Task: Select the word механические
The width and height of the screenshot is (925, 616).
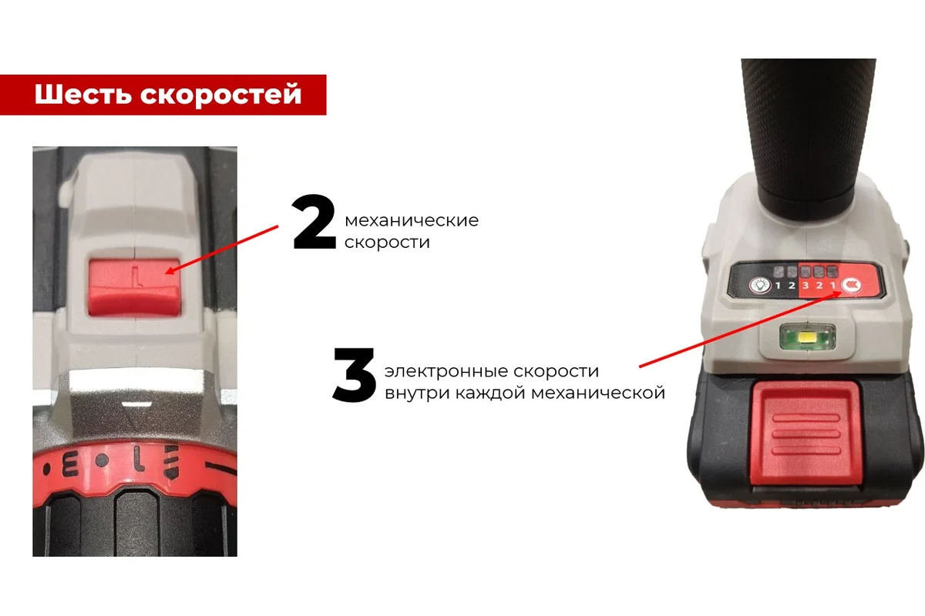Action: pos(412,221)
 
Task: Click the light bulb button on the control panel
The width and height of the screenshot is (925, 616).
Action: pos(761,285)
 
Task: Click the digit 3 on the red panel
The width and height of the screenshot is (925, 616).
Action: pos(806,286)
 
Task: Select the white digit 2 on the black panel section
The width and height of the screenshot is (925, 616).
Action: pos(792,286)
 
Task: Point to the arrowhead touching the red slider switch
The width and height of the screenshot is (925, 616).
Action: pos(172,271)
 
